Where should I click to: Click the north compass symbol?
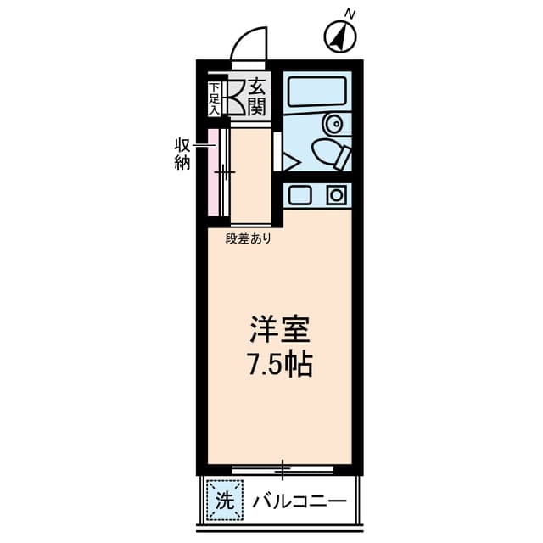coord(340,36)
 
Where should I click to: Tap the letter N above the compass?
coord(350,14)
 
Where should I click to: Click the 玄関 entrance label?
coord(257,97)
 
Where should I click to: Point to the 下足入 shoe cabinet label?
coord(215,99)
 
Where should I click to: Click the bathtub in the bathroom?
coord(317,92)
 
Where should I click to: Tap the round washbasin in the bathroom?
coord(333,123)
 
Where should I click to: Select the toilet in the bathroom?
coord(332,154)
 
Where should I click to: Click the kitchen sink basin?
coord(299,195)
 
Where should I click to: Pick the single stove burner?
coord(336,195)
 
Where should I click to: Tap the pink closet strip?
coord(213,172)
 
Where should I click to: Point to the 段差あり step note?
coord(248,238)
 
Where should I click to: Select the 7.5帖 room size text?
coord(280,364)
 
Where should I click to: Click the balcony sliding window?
coord(282,469)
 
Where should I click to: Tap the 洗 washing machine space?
coord(224,500)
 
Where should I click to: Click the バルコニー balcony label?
coord(299,501)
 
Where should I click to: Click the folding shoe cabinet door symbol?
coord(235,98)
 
